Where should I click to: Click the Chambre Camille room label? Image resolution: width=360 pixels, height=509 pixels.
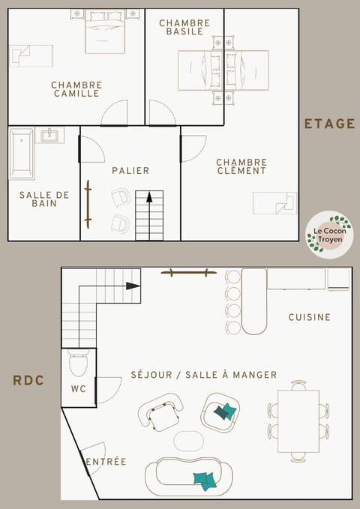pyautogui.click(x=76, y=89)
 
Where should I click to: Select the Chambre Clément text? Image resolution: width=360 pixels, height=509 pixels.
pyautogui.click(x=241, y=166)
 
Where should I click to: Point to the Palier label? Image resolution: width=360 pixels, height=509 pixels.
pyautogui.click(x=130, y=171)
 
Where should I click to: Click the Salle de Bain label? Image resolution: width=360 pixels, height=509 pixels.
pyautogui.click(x=44, y=199)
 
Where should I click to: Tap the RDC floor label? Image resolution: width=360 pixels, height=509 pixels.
pyautogui.click(x=28, y=381)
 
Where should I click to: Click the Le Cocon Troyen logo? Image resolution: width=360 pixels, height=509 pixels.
pyautogui.click(x=329, y=234)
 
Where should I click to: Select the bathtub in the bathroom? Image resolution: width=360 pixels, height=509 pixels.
pyautogui.click(x=22, y=153)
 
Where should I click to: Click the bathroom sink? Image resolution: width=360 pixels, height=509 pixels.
pyautogui.click(x=49, y=136)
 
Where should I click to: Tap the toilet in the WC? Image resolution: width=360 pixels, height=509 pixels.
pyautogui.click(x=79, y=365)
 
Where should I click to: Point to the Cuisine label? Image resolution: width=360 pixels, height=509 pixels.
pyautogui.click(x=309, y=317)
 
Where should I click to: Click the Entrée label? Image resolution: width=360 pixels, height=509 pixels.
pyautogui.click(x=106, y=462)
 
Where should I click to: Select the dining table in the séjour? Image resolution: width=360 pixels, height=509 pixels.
pyautogui.click(x=298, y=421)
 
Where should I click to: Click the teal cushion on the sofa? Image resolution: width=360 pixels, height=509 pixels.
pyautogui.click(x=204, y=480)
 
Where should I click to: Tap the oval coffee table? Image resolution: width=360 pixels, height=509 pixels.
pyautogui.click(x=188, y=440)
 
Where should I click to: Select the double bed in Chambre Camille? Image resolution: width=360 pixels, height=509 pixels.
pyautogui.click(x=105, y=31)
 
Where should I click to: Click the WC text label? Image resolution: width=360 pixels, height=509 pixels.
pyautogui.click(x=78, y=389)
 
